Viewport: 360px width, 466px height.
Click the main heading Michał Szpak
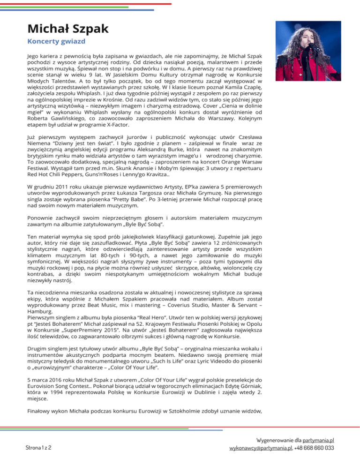tap(67, 28)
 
